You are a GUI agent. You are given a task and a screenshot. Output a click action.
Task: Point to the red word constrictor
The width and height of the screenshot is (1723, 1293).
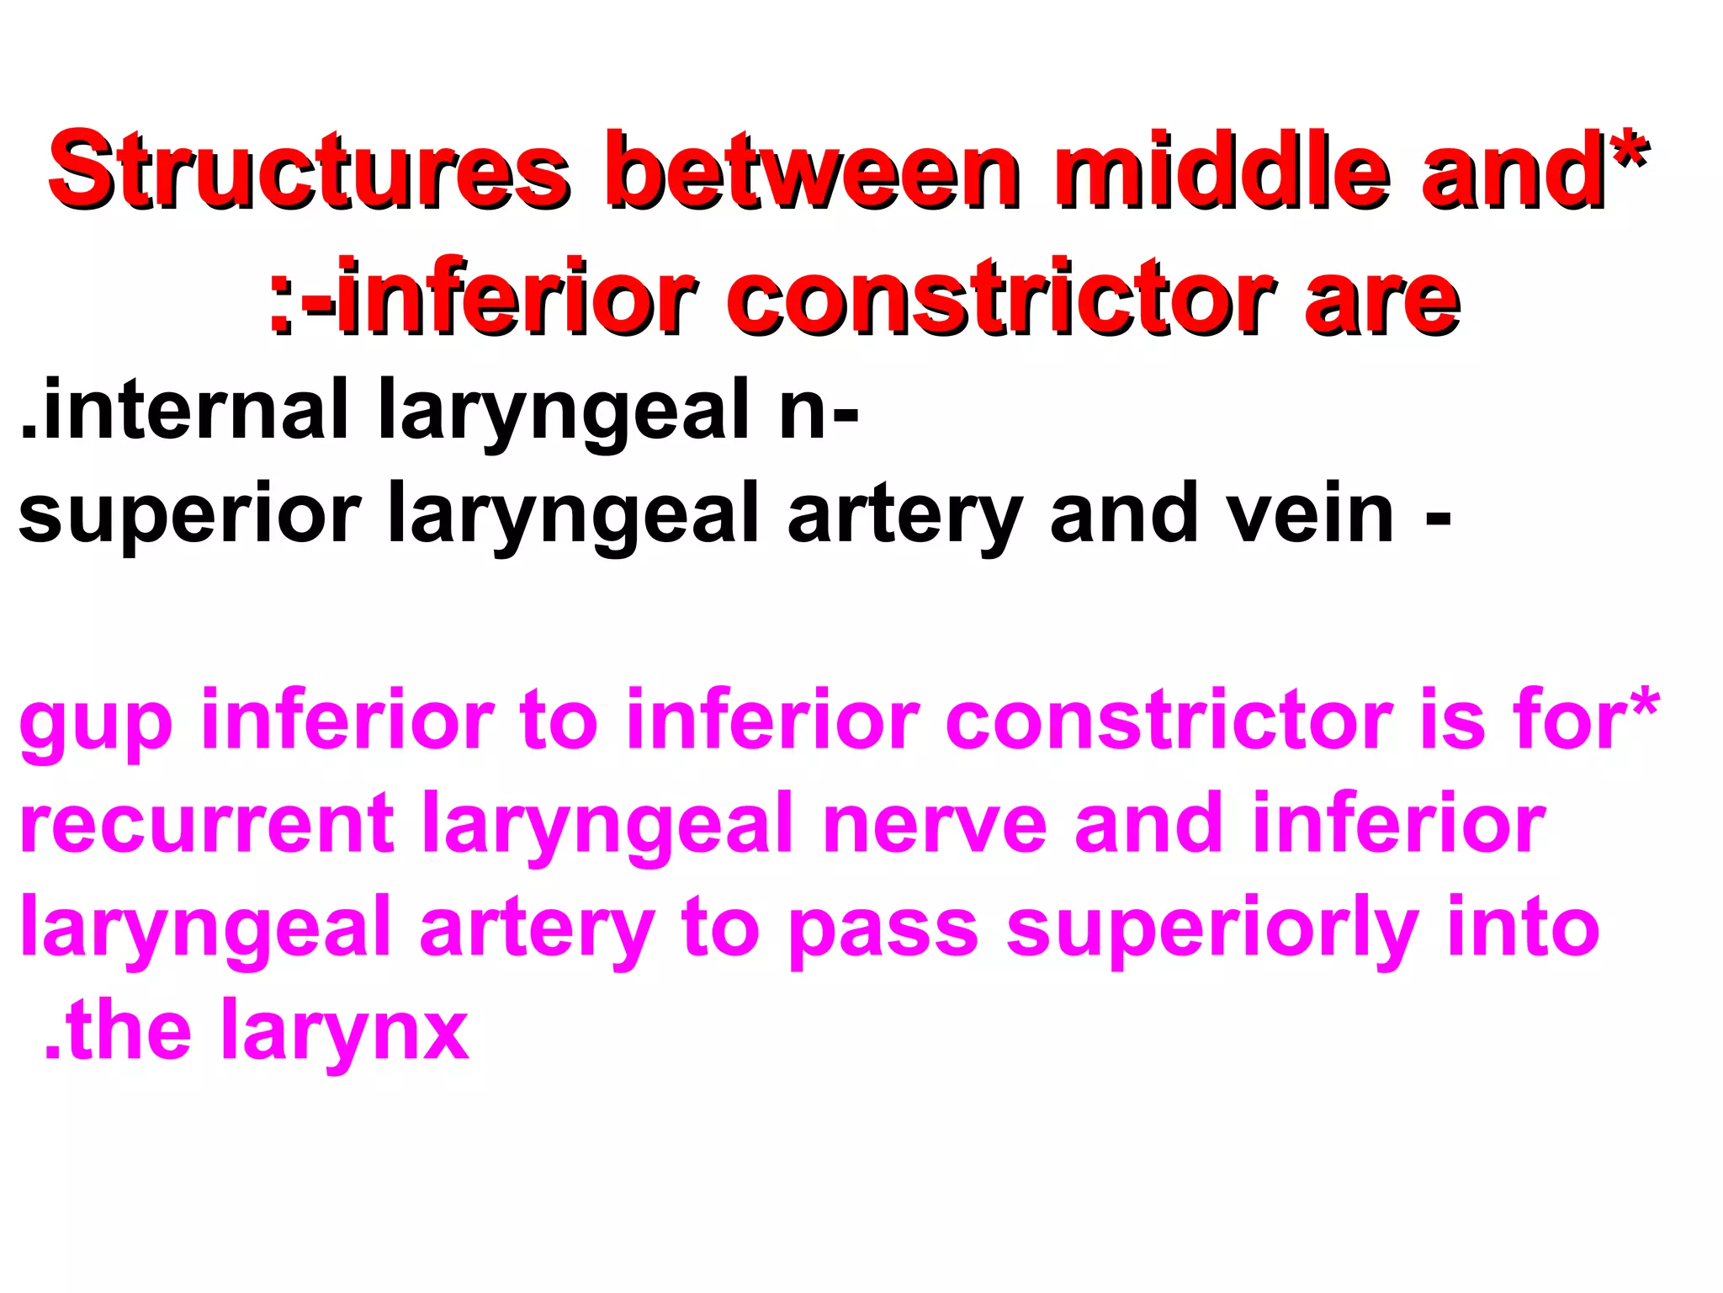click(x=1001, y=299)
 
